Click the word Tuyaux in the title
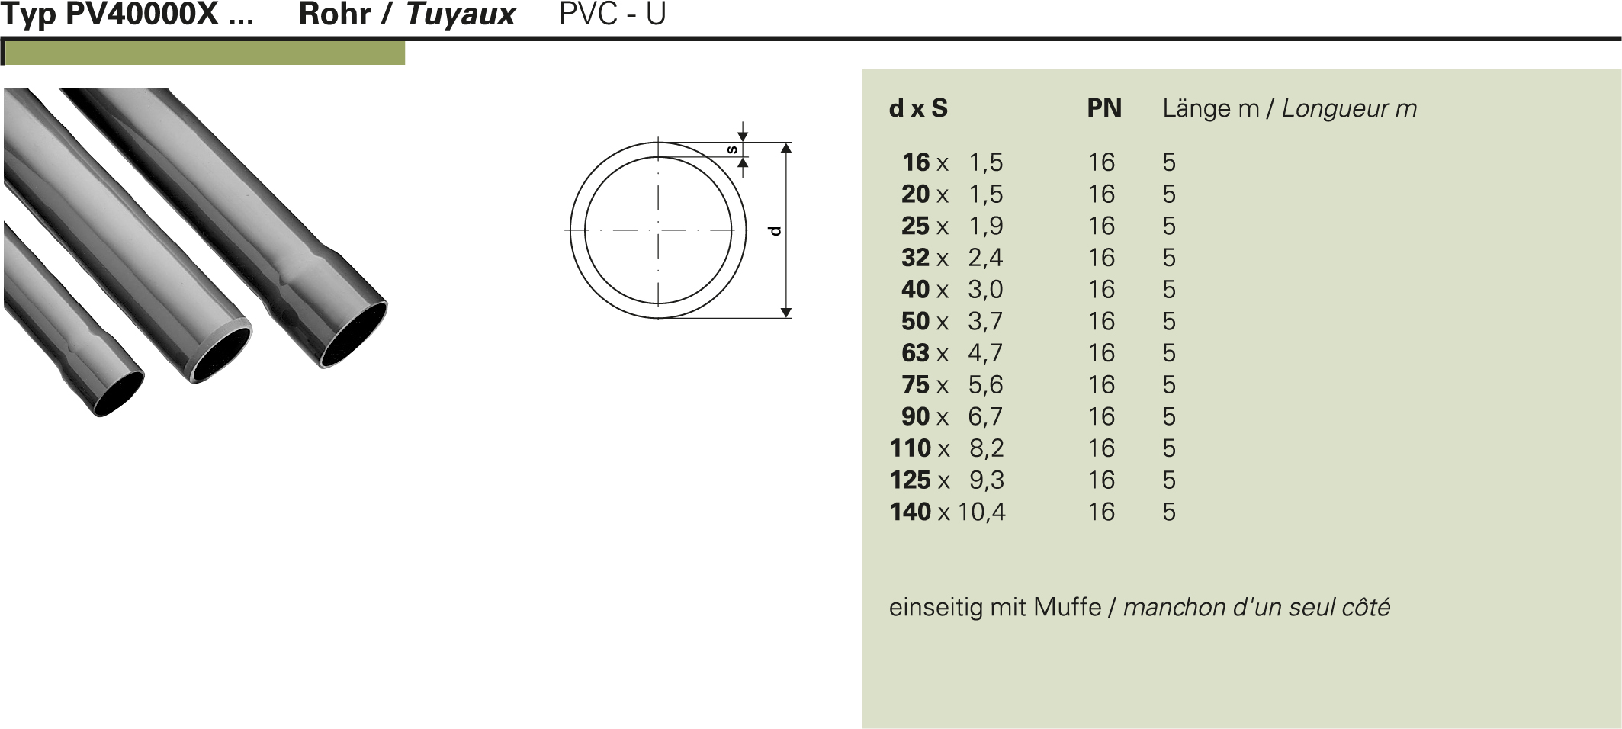click(x=461, y=14)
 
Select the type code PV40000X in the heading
click(x=142, y=14)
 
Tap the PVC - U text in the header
click(x=612, y=14)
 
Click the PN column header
click(x=1103, y=108)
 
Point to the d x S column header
click(x=918, y=108)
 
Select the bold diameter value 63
click(x=915, y=353)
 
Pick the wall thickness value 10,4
click(x=981, y=512)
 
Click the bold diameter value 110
click(x=911, y=448)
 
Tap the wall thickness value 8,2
click(x=987, y=448)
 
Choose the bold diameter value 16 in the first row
click(x=916, y=162)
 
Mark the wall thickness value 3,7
click(x=985, y=322)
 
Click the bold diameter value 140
click(x=911, y=512)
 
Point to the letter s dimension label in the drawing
click(x=732, y=149)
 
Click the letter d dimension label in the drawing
click(x=776, y=230)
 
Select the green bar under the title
click(x=204, y=53)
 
